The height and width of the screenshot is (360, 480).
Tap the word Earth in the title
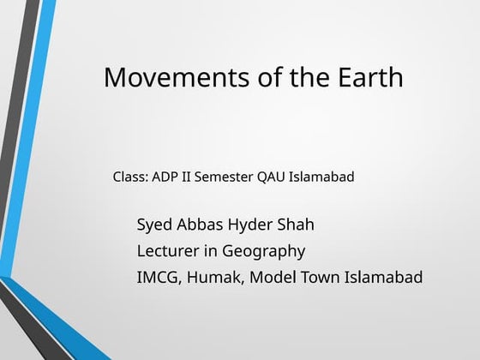coord(364,77)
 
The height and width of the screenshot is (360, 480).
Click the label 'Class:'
coord(130,177)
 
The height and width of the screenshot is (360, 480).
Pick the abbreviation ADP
coord(165,177)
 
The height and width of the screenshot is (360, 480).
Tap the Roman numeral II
coord(186,177)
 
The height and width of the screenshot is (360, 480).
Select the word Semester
coord(224,177)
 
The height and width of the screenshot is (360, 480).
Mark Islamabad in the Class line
coord(322,177)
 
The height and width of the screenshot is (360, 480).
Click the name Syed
coord(154,225)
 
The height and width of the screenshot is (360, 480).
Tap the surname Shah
coord(296,225)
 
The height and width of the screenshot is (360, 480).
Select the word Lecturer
coord(169,251)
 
